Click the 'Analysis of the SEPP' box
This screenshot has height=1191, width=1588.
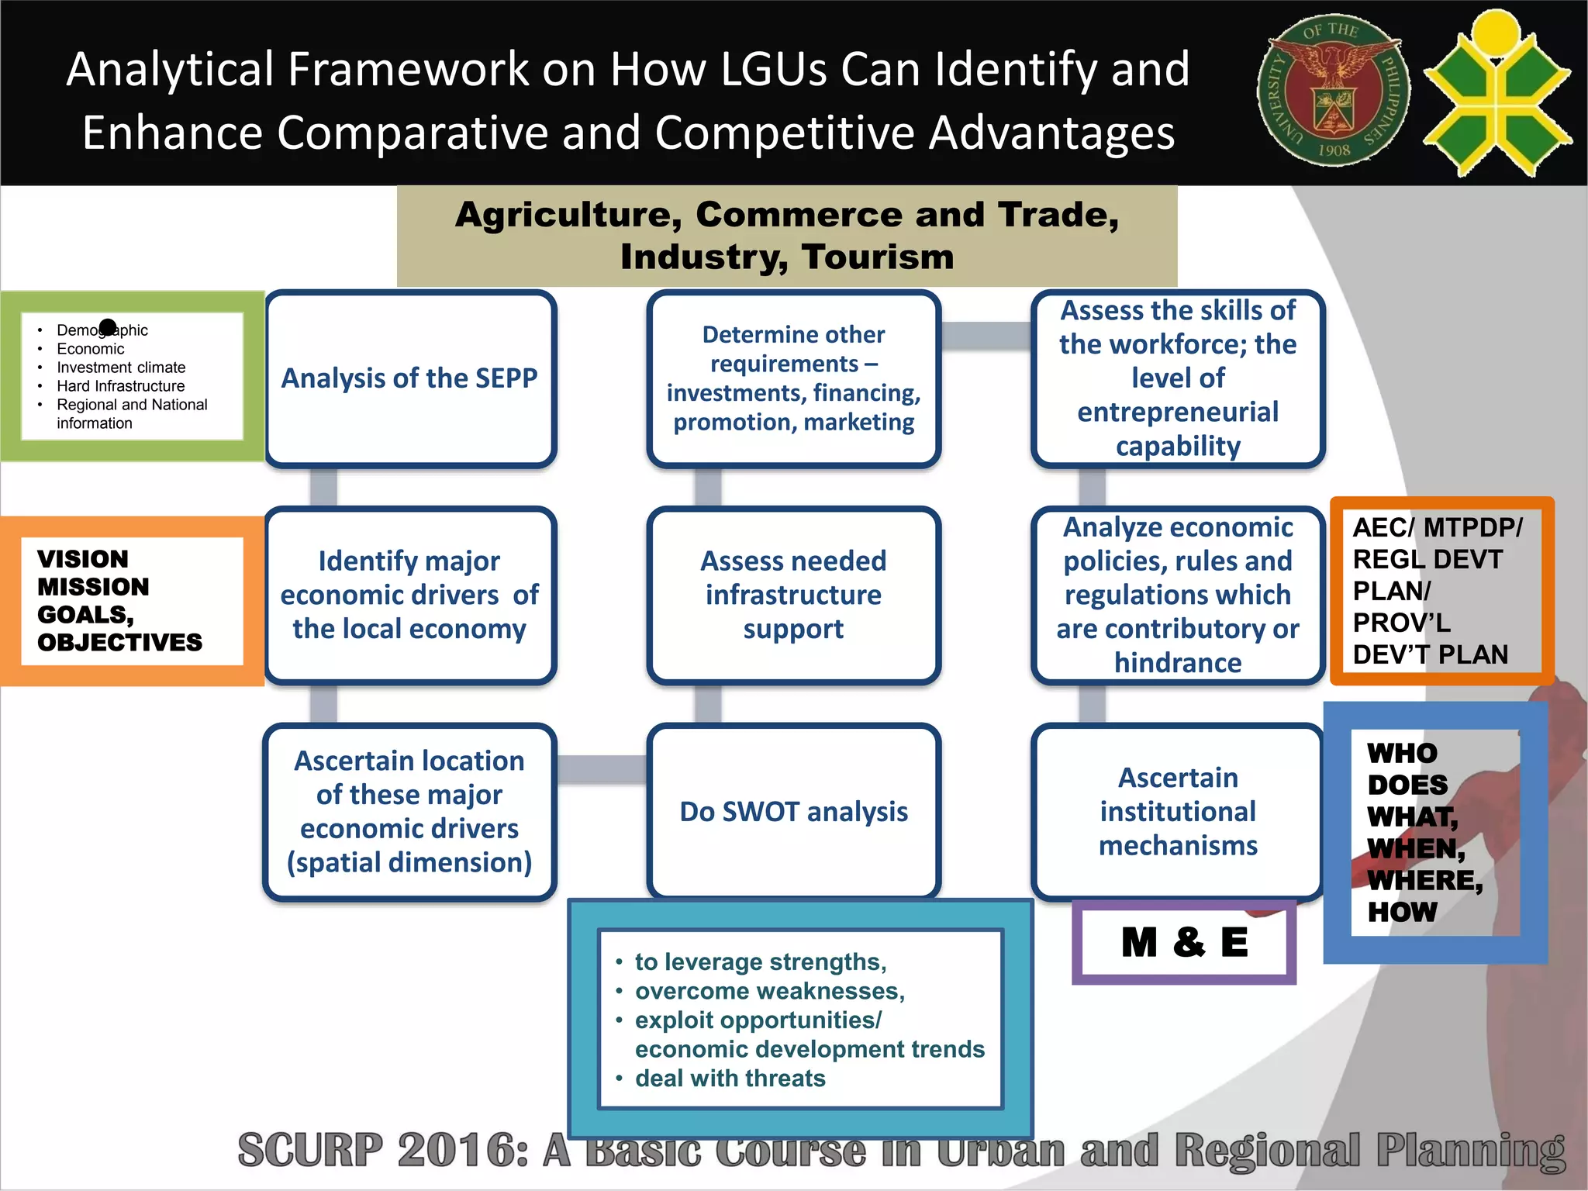point(409,378)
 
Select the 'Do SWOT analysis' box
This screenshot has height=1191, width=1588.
point(793,811)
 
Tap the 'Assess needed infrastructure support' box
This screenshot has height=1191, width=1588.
point(793,595)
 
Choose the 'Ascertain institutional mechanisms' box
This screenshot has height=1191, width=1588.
point(1177,811)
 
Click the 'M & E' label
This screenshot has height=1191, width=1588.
point(1184,943)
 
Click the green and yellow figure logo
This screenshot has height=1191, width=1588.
point(1497,93)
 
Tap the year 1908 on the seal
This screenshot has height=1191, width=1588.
point(1334,150)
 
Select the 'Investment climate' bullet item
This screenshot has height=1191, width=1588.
point(121,368)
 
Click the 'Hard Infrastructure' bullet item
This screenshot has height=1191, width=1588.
point(120,386)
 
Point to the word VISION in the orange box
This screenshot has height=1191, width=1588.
point(83,559)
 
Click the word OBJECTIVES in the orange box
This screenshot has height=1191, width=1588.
point(119,643)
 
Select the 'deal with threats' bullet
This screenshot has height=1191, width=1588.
point(730,1079)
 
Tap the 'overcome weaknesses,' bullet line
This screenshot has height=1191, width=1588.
point(769,991)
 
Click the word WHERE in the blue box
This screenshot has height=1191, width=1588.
point(1424,881)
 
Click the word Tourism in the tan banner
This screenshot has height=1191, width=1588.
point(877,257)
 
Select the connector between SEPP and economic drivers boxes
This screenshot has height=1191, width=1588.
point(323,487)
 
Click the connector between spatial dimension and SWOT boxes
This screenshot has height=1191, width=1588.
point(602,768)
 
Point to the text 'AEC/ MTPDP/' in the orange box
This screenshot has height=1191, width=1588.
point(1437,528)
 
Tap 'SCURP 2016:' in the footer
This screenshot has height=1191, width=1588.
point(383,1151)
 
